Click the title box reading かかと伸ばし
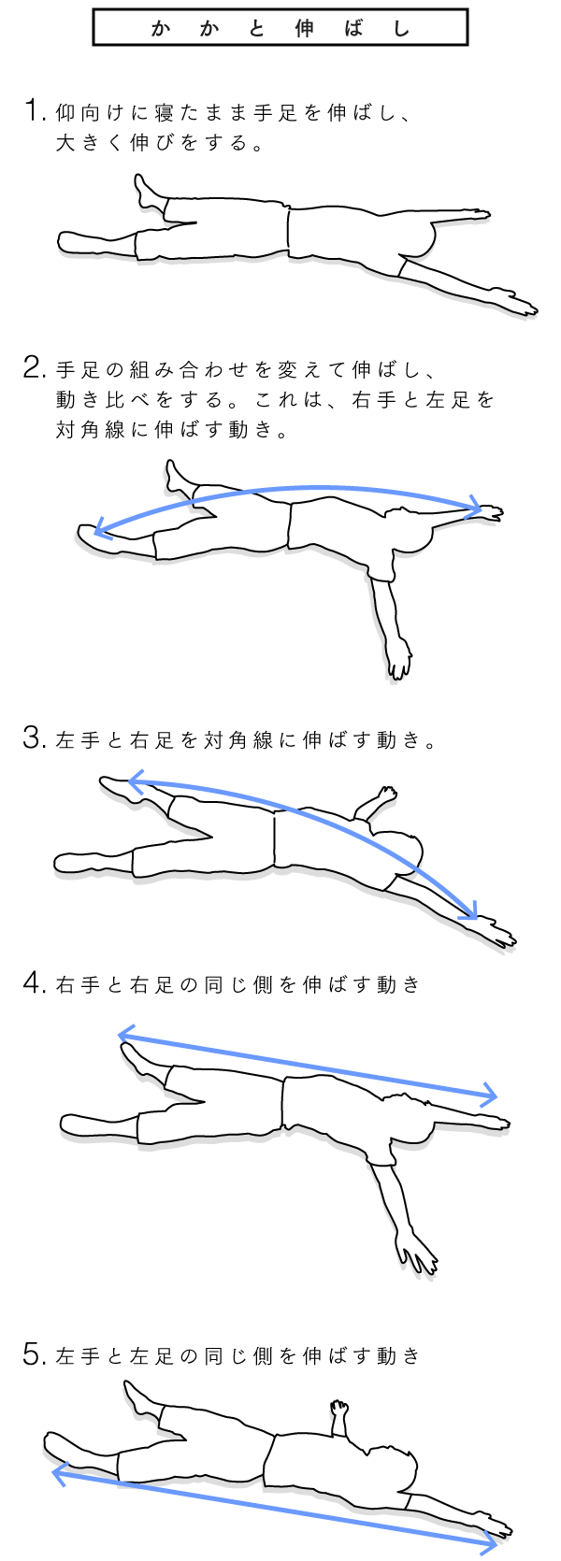pos(280,29)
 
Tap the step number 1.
pos(32,111)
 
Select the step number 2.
pos(35,367)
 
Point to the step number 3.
pos(35,738)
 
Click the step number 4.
pos(35,983)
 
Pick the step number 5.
pos(35,1354)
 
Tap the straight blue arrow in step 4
pos(308,1064)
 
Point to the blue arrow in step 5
pos(275,1504)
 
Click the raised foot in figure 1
pos(150,193)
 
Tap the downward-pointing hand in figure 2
pos(398,659)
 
